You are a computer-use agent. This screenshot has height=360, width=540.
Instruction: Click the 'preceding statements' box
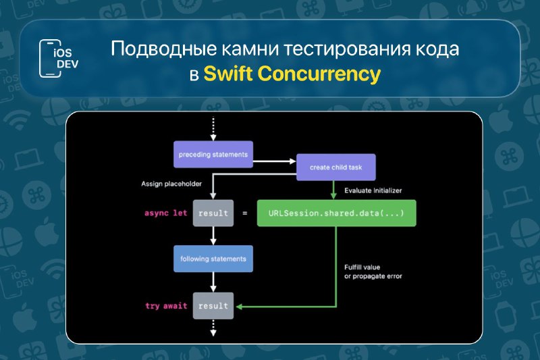tap(213, 155)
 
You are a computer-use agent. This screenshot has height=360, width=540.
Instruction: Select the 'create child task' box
tap(335, 167)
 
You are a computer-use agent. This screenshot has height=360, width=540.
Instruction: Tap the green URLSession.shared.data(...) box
tap(336, 213)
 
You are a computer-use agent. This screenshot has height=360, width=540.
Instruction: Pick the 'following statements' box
tap(213, 259)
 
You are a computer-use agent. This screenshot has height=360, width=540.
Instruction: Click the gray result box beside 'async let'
tap(213, 213)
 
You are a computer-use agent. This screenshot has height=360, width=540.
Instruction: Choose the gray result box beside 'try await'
tap(213, 305)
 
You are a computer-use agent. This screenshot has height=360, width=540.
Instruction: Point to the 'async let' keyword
tap(165, 213)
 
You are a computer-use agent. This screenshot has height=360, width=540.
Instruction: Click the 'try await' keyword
tap(166, 306)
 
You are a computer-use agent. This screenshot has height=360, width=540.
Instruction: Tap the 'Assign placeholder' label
tap(171, 184)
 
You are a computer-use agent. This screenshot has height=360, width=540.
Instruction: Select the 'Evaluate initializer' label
tap(373, 190)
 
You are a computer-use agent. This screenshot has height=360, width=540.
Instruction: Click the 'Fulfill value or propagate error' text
tap(373, 272)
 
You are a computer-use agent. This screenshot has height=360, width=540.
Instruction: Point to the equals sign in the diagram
tap(245, 213)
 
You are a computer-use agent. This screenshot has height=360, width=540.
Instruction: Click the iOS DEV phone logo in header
tap(59, 58)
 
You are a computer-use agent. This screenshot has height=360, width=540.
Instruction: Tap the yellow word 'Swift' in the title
tap(228, 74)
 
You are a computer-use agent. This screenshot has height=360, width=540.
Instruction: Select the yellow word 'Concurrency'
tap(319, 74)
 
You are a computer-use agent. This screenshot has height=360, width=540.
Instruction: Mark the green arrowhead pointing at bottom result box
tap(239, 306)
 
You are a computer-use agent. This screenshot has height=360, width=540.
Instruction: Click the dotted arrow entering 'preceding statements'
tap(213, 128)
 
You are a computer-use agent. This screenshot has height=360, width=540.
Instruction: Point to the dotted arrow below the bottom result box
tap(213, 328)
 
